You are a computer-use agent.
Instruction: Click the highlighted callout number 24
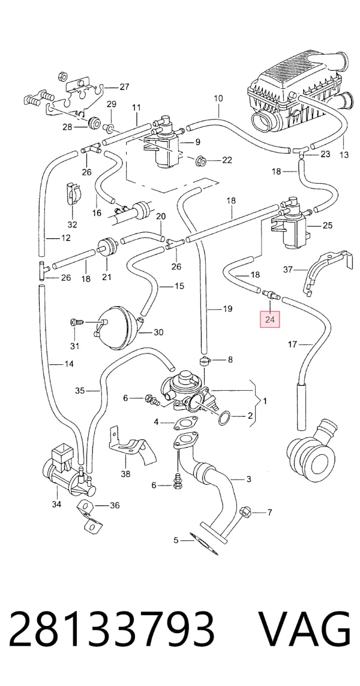[x=270, y=319]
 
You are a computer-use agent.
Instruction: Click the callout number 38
[x=125, y=473]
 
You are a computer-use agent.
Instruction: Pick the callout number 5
[x=176, y=540]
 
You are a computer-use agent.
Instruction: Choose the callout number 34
[x=56, y=504]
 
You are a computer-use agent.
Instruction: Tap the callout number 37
[x=287, y=269]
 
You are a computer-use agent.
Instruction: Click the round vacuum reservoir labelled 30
[x=116, y=328]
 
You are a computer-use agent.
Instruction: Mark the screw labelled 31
[x=76, y=323]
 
